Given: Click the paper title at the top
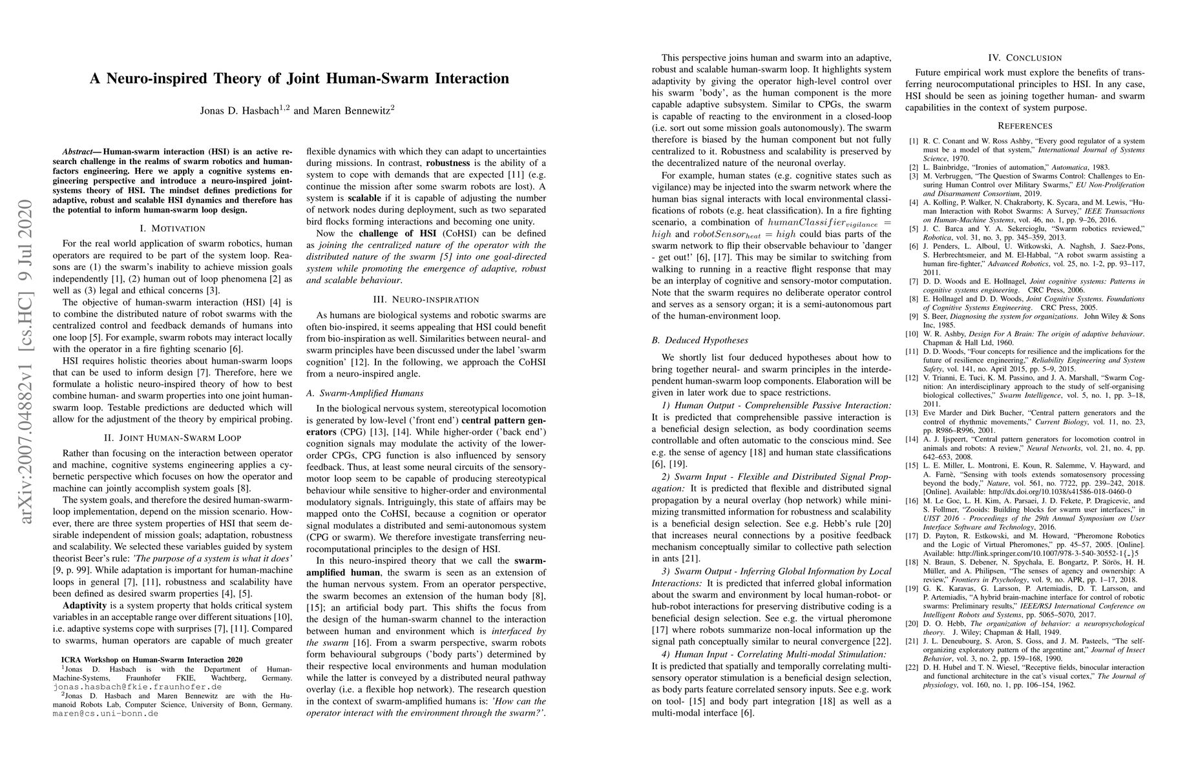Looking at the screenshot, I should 299,79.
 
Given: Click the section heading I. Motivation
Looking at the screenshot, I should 173,228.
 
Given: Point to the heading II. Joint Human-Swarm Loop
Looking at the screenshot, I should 173,437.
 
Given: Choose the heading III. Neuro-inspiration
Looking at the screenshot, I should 426,299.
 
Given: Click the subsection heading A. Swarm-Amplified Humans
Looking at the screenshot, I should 365,393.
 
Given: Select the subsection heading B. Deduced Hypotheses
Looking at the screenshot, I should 700,340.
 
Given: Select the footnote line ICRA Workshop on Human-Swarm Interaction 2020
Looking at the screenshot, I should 152,659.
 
